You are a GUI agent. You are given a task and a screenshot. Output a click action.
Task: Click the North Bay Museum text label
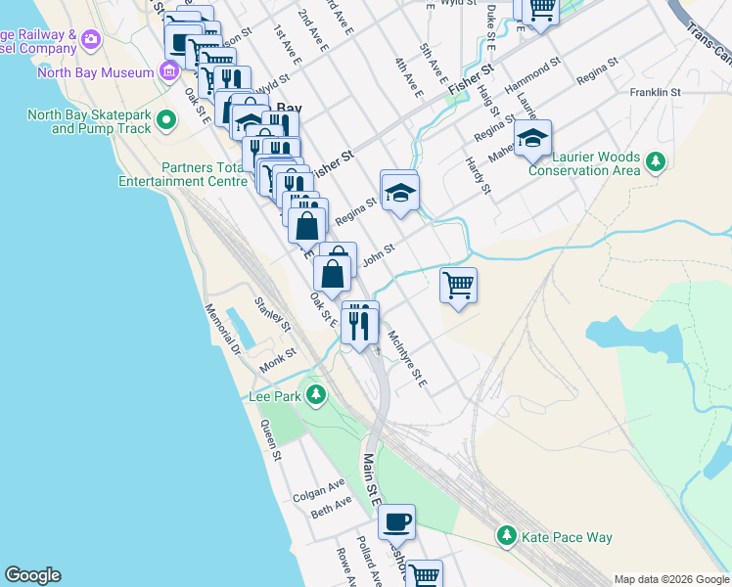click(95, 72)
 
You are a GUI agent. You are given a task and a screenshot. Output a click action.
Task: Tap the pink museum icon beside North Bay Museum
click(170, 71)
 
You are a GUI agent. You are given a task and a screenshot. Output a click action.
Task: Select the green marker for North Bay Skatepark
click(165, 121)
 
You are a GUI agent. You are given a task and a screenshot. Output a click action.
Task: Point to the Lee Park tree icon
click(315, 395)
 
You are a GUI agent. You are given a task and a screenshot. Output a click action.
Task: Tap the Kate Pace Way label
click(567, 537)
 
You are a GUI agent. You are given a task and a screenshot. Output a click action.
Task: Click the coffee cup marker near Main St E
click(396, 521)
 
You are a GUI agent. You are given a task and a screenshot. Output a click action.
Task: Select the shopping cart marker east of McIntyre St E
click(458, 286)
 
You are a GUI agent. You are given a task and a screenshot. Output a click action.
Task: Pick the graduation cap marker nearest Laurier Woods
click(532, 139)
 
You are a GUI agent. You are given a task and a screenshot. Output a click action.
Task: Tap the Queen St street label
click(270, 439)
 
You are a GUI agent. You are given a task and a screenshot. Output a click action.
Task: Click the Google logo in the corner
click(32, 575)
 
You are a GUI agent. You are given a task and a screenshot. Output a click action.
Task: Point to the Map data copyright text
click(670, 579)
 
